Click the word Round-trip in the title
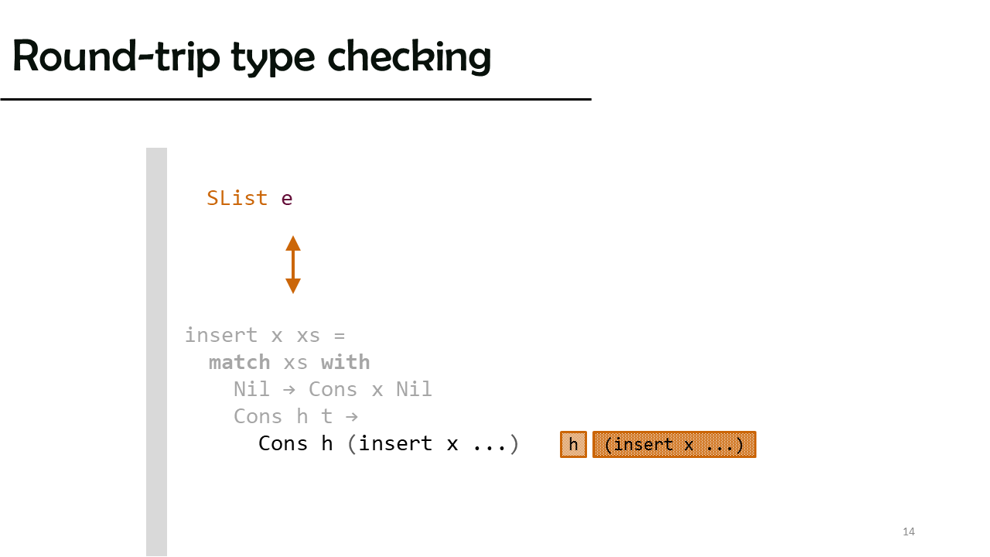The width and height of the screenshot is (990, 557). pyautogui.click(x=116, y=56)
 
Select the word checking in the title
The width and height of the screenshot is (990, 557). pyautogui.click(x=409, y=56)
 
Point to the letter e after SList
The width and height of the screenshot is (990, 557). pyautogui.click(x=287, y=200)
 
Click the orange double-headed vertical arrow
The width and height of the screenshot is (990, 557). pyautogui.click(x=293, y=265)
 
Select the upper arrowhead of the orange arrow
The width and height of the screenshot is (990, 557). pyautogui.click(x=293, y=243)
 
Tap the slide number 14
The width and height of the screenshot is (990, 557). pyautogui.click(x=909, y=531)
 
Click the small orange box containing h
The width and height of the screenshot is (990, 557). pyautogui.click(x=573, y=444)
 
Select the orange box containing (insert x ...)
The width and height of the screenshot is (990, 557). pyautogui.click(x=674, y=444)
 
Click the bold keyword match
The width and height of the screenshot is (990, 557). pyautogui.click(x=239, y=363)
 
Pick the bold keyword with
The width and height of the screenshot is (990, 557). pyautogui.click(x=345, y=362)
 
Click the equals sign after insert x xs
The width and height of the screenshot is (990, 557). pyautogui.click(x=340, y=336)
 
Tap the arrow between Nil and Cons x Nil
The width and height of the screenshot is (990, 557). pyautogui.click(x=289, y=389)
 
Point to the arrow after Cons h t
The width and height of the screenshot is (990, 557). pyautogui.click(x=352, y=416)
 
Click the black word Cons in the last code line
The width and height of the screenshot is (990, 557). pyautogui.click(x=283, y=443)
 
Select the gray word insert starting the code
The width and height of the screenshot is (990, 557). pyautogui.click(x=221, y=335)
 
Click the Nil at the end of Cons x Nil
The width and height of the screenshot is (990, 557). pyautogui.click(x=414, y=389)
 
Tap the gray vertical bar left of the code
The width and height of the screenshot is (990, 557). pyautogui.click(x=156, y=352)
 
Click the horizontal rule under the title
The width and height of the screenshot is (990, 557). pyautogui.click(x=295, y=100)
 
